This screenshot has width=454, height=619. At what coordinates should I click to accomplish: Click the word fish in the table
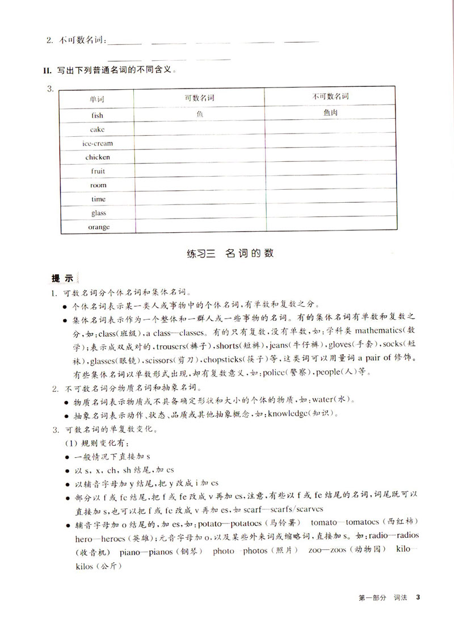pos(97,115)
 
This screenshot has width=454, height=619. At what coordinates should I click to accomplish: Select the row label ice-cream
pos(97,143)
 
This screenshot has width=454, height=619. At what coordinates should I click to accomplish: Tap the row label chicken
pos(98,157)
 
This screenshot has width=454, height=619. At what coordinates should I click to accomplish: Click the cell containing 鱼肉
pos(330,113)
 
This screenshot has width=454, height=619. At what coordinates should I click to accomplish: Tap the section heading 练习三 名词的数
pos(230,253)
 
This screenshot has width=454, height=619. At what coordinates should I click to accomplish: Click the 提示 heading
pos(62,278)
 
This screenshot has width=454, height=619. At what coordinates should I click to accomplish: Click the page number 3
pos(418,597)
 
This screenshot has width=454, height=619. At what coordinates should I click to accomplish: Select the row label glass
pos(98,213)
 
